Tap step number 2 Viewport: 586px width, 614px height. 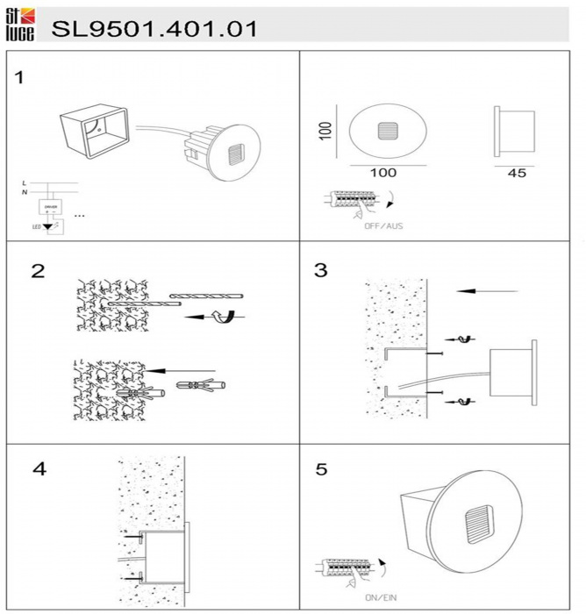(38, 270)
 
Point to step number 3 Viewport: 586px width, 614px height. (321, 270)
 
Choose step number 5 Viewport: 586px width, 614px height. (321, 469)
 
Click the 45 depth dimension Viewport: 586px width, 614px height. (517, 174)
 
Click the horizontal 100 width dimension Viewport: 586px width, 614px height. (382, 174)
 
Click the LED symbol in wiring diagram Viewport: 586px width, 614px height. (47, 226)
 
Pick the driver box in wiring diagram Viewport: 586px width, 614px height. (50, 207)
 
